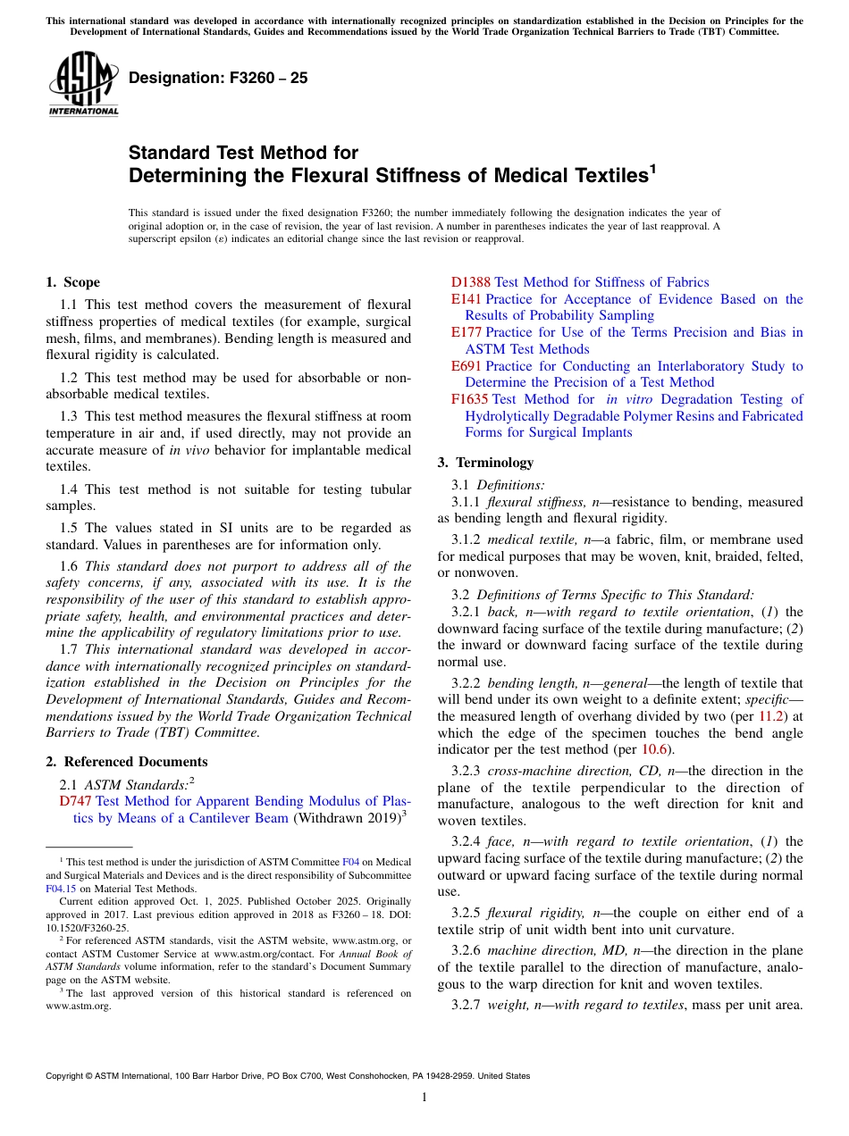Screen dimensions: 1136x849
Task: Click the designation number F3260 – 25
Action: click(218, 78)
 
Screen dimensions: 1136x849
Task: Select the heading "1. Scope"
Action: click(72, 282)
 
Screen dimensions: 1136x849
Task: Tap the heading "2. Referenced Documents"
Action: click(127, 762)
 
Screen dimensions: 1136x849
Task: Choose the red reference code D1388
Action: click(472, 282)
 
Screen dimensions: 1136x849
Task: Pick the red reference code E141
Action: click(467, 299)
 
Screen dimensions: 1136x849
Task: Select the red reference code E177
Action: click(467, 332)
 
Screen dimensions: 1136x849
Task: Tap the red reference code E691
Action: click(467, 366)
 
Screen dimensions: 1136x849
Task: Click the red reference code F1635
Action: click(470, 399)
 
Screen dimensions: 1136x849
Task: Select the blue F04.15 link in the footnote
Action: click(59, 889)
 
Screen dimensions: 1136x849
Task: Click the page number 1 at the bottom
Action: click(424, 1098)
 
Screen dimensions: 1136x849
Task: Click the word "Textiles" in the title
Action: click(603, 175)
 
